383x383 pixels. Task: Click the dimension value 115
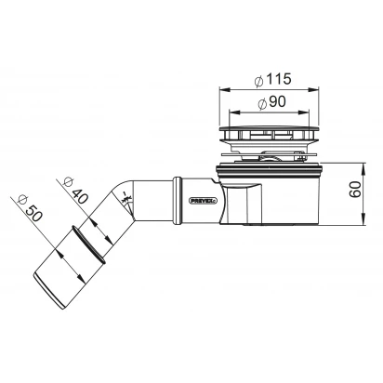[x=279, y=79]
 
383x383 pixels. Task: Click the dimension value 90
[x=277, y=101]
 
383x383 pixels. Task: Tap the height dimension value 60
[x=355, y=190]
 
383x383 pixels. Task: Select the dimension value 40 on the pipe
[x=79, y=196]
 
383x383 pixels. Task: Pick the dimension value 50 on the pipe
[x=33, y=214]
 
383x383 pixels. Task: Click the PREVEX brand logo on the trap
[x=204, y=201]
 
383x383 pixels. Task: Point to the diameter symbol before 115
[x=258, y=81]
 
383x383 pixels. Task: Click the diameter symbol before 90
[x=262, y=104]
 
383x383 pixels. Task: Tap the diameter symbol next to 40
[x=68, y=182]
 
